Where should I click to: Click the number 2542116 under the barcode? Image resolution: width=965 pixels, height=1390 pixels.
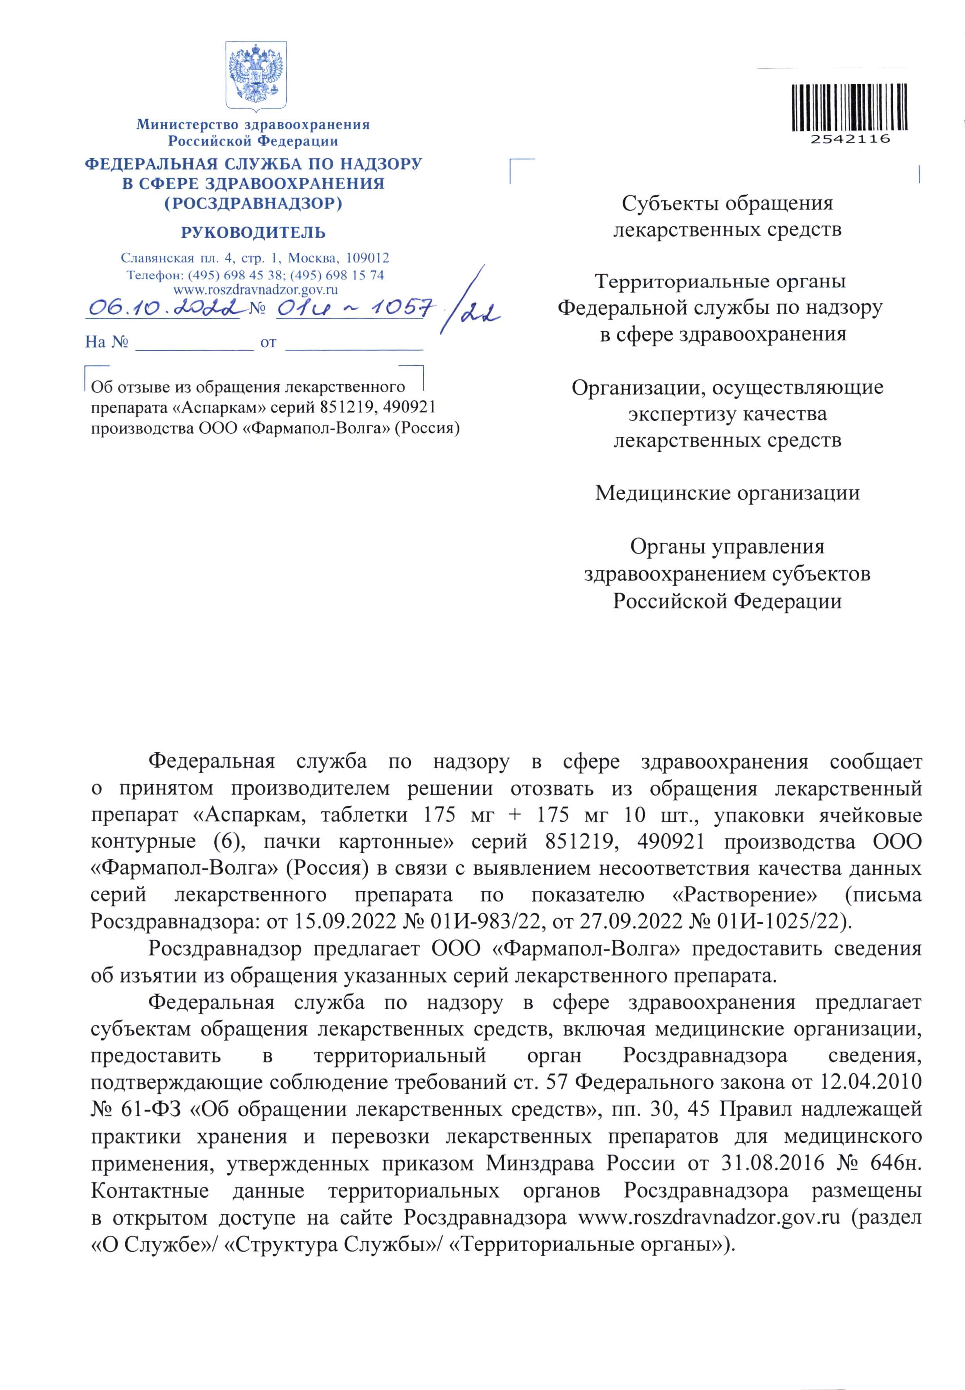click(x=850, y=139)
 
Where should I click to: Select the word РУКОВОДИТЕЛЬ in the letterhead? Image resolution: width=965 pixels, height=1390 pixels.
click(x=253, y=233)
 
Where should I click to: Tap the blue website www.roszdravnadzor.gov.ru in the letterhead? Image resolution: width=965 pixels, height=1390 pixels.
click(x=255, y=290)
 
